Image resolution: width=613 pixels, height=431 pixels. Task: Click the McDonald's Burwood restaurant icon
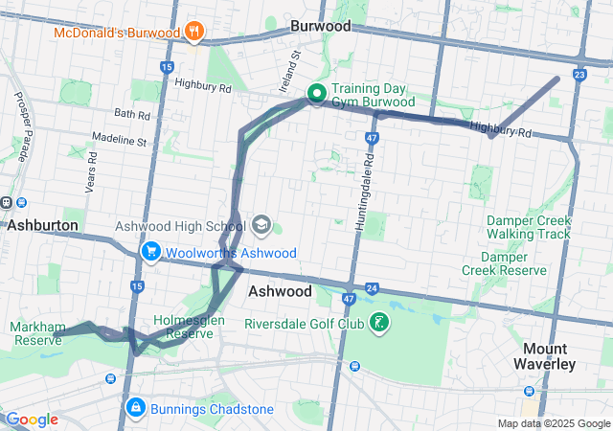(194, 32)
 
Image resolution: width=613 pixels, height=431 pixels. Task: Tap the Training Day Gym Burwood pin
(316, 94)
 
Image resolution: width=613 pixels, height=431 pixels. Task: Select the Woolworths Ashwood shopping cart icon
(150, 252)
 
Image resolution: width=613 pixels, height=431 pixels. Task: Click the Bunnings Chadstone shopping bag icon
(136, 409)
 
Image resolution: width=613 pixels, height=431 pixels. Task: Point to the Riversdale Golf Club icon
(381, 323)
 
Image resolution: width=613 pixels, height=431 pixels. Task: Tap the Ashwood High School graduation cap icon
(261, 226)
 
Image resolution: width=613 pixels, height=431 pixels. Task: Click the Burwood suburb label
(321, 27)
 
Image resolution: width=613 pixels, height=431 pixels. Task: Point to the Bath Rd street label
(131, 115)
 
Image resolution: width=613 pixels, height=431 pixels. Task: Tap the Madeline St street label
(119, 141)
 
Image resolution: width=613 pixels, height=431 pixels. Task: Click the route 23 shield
(579, 74)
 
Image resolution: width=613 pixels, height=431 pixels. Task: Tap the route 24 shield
(372, 287)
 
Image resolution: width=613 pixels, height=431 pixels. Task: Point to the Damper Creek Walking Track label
(528, 227)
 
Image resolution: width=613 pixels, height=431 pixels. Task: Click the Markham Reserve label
(36, 333)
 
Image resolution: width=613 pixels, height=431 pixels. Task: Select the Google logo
(32, 420)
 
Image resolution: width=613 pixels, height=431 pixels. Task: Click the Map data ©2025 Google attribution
(554, 423)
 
